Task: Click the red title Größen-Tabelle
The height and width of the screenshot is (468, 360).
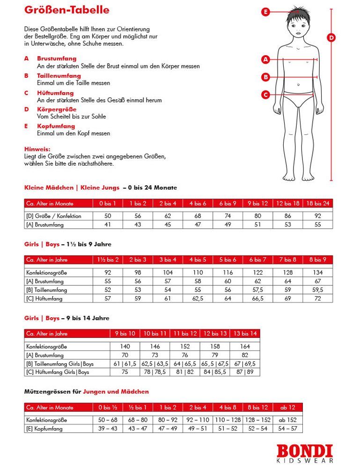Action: coord(67,10)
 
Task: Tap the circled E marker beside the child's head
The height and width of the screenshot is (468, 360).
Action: coord(266,12)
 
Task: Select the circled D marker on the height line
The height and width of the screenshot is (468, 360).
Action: coord(331,38)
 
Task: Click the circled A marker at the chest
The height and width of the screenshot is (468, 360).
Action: coord(266,59)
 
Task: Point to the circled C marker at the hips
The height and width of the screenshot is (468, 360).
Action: coord(266,95)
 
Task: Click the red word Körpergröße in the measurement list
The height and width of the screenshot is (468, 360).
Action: coord(57,110)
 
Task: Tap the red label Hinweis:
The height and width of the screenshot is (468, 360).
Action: coord(37,149)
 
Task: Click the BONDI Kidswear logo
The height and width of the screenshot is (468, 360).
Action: coord(304,453)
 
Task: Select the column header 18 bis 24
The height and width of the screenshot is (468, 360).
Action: coord(318,204)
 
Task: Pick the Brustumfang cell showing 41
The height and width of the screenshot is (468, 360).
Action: coord(108,225)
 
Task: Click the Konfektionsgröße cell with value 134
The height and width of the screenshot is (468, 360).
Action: coord(318,272)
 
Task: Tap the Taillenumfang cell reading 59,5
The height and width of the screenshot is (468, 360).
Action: coord(318,290)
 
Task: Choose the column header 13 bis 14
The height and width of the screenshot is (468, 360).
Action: coord(245,334)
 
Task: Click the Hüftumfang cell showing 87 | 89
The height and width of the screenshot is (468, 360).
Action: coord(245,372)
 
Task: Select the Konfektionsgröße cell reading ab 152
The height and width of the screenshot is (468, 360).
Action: coord(287,420)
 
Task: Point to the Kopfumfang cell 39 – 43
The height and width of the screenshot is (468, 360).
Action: coord(108,429)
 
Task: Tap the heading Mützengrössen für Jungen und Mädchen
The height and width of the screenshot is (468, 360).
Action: coord(87,391)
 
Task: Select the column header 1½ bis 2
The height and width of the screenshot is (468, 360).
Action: coord(108,259)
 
